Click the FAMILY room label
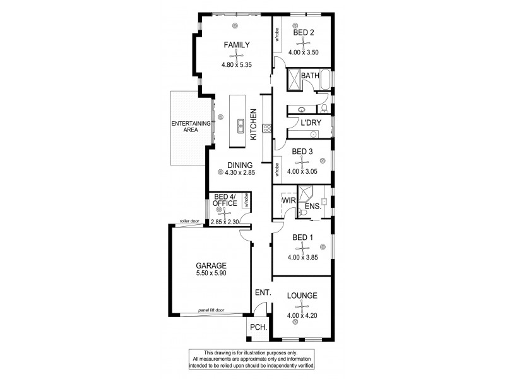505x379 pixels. point(237,45)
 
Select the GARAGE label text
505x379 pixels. point(210,266)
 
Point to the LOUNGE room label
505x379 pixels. point(302,296)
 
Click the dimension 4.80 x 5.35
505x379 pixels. point(237,65)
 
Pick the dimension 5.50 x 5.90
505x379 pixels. point(210,275)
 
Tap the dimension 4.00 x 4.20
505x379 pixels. point(302,316)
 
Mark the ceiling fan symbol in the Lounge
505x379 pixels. point(302,306)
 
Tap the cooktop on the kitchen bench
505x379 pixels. point(267,129)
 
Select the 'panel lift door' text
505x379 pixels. point(210,310)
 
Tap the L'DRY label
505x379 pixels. point(309,122)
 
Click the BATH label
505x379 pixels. point(310,76)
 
